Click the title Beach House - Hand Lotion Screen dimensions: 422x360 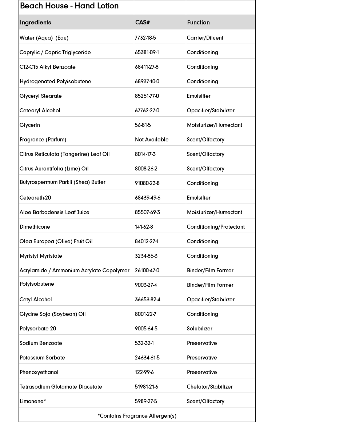69,6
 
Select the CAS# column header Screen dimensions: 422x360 143,23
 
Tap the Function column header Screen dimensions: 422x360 198,23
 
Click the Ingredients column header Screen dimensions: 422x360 35,23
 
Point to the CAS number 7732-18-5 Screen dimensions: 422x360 145,38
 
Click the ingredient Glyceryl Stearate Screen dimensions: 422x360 41,96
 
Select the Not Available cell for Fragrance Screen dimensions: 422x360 152,140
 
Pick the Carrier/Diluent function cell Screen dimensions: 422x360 205,38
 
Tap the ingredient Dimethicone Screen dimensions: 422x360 35,227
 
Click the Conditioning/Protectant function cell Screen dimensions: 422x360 216,227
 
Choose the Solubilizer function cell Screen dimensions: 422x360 199,329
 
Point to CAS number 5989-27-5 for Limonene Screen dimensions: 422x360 146,401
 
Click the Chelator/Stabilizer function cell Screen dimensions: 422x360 209,387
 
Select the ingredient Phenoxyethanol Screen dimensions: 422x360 39,372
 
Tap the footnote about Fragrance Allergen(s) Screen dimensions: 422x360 137,416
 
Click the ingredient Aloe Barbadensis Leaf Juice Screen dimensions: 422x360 55,212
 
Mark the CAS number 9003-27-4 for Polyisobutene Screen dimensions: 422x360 146,285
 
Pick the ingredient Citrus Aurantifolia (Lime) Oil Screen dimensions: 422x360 54,169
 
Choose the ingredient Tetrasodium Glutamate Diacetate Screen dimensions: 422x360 61,387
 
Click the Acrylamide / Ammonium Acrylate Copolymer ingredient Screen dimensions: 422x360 75,270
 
